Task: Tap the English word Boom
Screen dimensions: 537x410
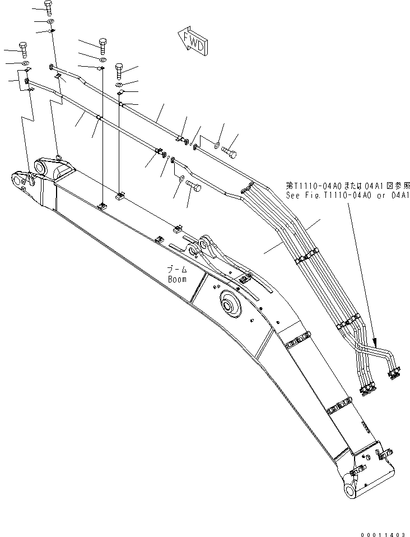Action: tap(177, 279)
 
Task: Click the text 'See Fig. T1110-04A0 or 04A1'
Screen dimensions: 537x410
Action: tap(348, 195)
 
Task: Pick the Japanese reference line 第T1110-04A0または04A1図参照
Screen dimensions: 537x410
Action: tap(348, 186)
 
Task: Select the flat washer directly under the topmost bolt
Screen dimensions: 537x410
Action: tap(51, 22)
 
